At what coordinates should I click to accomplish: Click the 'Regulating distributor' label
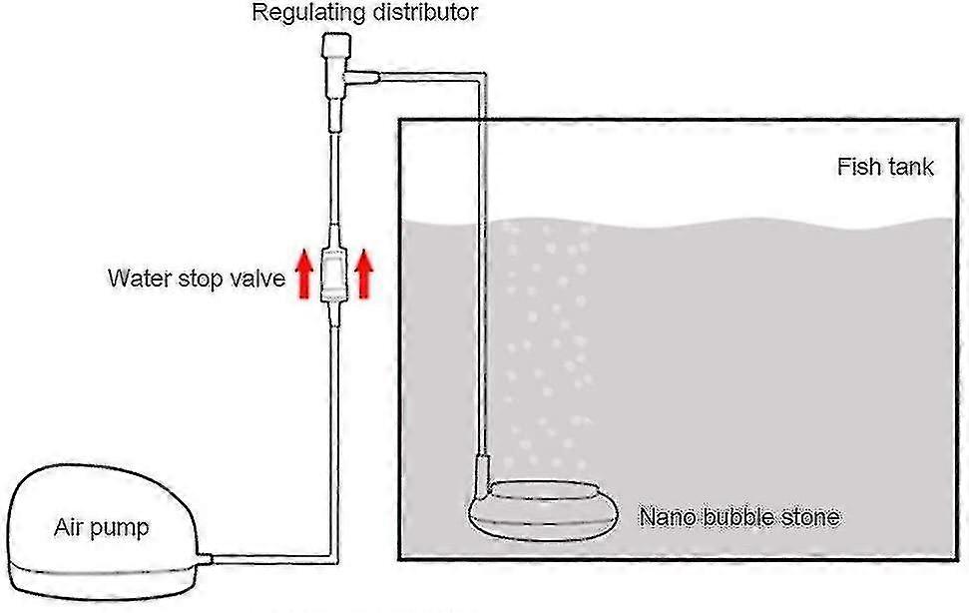click(364, 13)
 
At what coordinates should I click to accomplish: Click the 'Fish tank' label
click(885, 167)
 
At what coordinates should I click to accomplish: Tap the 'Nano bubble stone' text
click(738, 517)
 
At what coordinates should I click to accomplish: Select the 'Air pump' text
click(101, 527)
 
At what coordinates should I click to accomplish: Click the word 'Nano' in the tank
click(666, 517)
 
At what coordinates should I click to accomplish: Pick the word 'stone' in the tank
click(810, 517)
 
